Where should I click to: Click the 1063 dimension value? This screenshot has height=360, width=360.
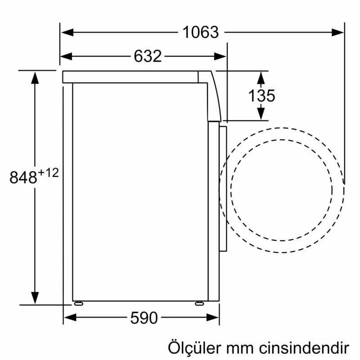pyautogui.click(x=200, y=32)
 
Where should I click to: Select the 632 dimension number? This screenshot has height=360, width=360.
pyautogui.click(x=147, y=56)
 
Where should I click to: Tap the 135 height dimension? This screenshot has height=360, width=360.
pyautogui.click(x=261, y=95)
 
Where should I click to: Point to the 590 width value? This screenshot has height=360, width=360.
pyautogui.click(x=144, y=318)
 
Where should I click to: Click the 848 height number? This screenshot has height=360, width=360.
pyautogui.click(x=23, y=177)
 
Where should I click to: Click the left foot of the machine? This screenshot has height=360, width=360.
pyautogui.click(x=78, y=303)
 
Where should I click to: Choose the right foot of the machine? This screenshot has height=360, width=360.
pyautogui.click(x=199, y=303)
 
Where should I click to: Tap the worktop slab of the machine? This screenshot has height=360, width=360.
pyautogui.click(x=130, y=76)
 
